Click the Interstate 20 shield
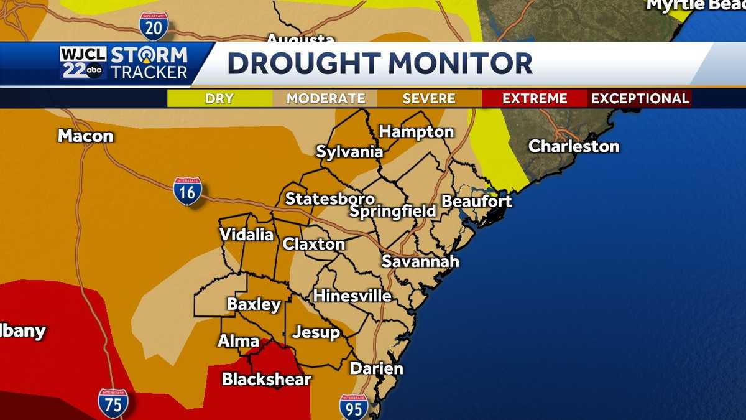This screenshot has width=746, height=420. click(153, 26)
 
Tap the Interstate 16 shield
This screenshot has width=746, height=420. click(187, 190)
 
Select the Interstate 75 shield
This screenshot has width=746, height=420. click(113, 403)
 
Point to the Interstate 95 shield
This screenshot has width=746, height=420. click(353, 407)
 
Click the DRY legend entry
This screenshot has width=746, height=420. click(219, 98)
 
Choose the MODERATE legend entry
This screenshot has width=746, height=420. click(325, 98)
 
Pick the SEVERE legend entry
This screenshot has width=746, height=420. click(429, 98)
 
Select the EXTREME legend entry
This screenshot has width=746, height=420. click(535, 98)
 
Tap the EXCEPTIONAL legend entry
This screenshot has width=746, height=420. click(640, 98)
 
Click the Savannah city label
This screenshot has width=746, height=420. click(420, 261)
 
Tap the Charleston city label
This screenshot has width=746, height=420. click(574, 147)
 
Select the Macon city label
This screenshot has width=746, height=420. click(85, 136)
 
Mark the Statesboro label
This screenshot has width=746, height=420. click(329, 199)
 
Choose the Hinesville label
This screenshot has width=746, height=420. click(352, 296)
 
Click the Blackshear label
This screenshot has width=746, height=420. click(266, 379)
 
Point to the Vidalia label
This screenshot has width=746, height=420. click(246, 235)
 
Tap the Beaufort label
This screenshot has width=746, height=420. click(477, 202)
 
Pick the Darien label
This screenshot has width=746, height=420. click(376, 368)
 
